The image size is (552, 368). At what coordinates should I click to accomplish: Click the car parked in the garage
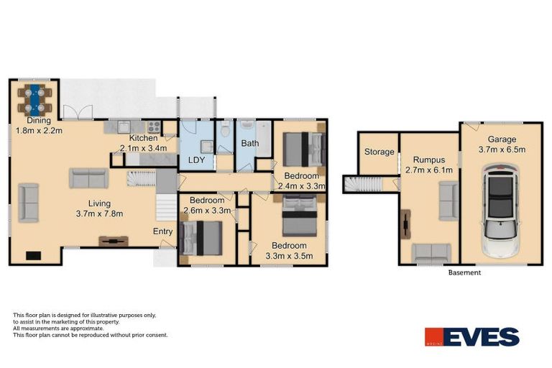501,211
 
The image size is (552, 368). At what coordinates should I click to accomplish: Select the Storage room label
379,152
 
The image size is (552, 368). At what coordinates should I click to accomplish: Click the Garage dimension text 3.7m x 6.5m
502,150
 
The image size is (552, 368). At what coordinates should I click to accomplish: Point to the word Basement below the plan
464,273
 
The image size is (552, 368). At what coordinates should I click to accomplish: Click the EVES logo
471,337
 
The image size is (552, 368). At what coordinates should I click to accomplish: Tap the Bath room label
249,143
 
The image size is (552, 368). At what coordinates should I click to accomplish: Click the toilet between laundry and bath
225,130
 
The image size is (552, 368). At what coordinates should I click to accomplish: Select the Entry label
162,231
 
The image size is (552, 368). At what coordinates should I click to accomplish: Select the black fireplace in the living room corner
33,254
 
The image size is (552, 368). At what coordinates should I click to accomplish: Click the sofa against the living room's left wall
29,203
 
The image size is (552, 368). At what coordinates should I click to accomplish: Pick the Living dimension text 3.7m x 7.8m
101,213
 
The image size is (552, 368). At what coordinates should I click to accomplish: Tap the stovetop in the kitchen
153,126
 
